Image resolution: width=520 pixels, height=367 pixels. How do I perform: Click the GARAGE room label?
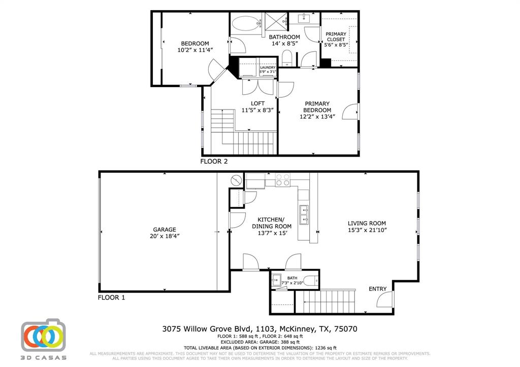(165, 229)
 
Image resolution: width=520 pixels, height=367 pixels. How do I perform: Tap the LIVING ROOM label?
(367, 223)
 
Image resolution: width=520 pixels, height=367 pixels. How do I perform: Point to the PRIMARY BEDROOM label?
(317, 107)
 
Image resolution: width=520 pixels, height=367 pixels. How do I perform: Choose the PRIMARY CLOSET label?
(336, 36)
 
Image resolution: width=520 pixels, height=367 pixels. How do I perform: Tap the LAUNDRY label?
(268, 67)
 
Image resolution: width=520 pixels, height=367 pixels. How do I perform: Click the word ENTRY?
(377, 289)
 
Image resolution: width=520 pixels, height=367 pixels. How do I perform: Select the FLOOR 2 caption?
(214, 162)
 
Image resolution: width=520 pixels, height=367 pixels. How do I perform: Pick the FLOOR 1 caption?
(111, 298)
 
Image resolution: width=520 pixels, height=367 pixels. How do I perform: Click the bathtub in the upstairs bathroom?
(245, 23)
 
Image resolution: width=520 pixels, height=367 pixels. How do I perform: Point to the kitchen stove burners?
(282, 180)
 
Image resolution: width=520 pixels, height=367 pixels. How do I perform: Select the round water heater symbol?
(237, 180)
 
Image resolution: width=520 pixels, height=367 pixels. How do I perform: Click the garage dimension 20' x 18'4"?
(165, 236)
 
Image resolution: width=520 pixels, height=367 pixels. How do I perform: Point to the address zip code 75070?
(346, 329)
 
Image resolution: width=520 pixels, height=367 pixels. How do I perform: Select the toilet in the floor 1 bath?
(311, 280)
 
